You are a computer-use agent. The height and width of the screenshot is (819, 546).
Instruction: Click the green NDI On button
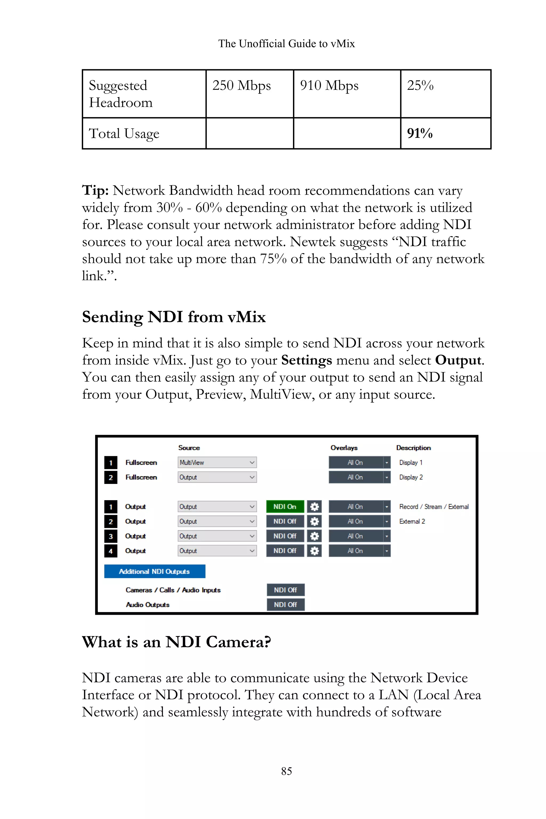pos(285,507)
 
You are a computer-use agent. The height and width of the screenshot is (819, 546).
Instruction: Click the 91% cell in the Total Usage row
pos(420,133)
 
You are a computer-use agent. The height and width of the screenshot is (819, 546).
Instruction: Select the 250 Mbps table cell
pos(242,86)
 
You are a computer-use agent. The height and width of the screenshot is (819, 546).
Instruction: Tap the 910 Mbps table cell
pos(329,86)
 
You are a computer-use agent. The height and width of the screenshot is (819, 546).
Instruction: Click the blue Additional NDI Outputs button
pos(155,571)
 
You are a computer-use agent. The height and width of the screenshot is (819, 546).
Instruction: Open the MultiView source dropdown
pos(217,463)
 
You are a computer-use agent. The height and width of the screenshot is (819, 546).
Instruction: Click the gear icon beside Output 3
pos(314,536)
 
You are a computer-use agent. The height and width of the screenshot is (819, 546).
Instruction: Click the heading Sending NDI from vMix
pos(174,317)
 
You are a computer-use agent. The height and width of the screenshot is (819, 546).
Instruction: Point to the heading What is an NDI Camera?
pos(176,642)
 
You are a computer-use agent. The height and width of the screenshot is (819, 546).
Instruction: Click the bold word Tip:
pos(95,190)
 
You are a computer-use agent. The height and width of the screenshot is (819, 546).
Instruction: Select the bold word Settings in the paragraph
pos(306,360)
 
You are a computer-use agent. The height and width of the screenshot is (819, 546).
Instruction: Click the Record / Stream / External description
pos(433,507)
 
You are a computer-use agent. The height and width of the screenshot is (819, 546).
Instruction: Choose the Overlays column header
pos(344,448)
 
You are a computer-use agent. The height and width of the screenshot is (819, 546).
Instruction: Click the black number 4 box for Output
pos(111,551)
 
